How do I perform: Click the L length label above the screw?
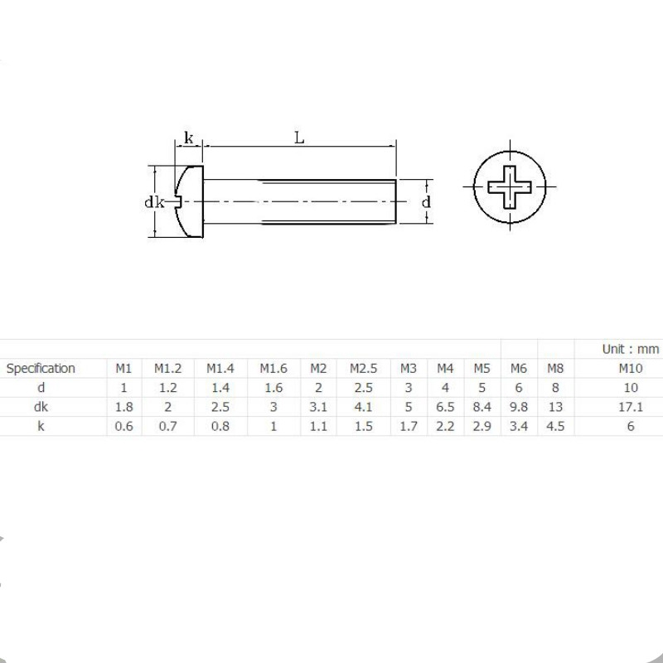(x=299, y=138)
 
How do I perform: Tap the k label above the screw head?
(x=189, y=138)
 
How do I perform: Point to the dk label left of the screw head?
(x=154, y=202)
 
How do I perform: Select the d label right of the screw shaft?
(x=426, y=201)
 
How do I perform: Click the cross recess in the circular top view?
(x=510, y=187)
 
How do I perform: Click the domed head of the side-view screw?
(x=190, y=201)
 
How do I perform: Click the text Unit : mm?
(x=631, y=349)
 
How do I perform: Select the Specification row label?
(x=41, y=368)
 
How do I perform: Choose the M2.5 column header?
(x=363, y=368)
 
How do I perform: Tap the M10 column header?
(x=631, y=368)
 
